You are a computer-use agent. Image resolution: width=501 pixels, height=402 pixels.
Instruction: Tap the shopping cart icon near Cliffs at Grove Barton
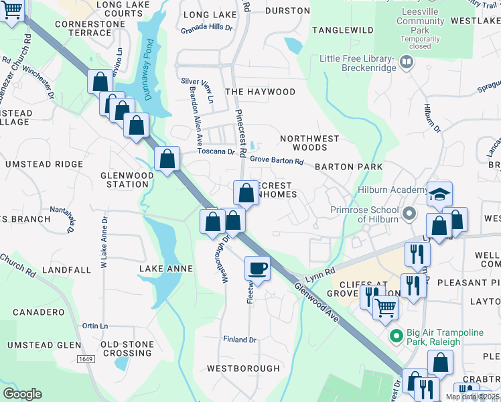click(x=386, y=308)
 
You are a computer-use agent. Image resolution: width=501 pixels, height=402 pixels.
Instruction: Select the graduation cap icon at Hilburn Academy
click(x=440, y=194)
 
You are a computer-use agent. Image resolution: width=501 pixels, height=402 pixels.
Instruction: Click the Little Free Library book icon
click(x=405, y=62)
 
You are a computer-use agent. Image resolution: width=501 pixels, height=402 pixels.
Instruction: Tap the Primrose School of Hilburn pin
click(x=411, y=214)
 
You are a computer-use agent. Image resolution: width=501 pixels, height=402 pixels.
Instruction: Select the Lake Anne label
click(x=166, y=269)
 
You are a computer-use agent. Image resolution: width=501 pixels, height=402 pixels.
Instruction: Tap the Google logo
click(x=22, y=393)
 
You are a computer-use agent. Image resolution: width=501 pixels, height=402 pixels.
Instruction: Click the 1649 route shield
click(x=85, y=359)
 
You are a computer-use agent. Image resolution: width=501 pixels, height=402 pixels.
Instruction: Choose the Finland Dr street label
click(x=240, y=340)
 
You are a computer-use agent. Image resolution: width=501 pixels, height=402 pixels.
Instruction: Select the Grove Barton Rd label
click(x=277, y=160)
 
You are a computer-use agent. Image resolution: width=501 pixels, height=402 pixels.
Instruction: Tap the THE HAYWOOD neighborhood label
click(x=261, y=91)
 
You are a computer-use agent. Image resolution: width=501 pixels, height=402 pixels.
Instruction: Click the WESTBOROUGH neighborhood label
click(x=243, y=368)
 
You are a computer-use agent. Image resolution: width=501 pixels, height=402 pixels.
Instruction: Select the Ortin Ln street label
click(x=94, y=326)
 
